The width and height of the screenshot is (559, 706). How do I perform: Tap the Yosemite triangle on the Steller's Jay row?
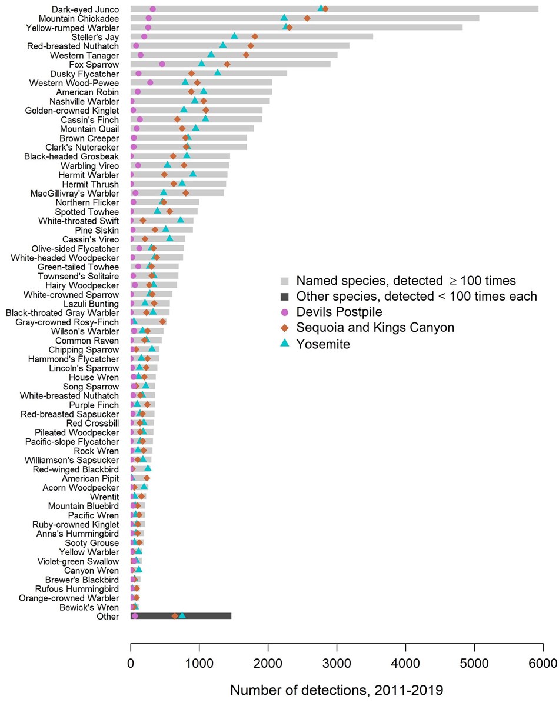pyautogui.click(x=234, y=36)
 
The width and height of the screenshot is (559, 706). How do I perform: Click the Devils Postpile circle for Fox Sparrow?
pyautogui.click(x=162, y=64)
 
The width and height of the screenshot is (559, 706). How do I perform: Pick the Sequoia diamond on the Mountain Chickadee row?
pyautogui.click(x=307, y=18)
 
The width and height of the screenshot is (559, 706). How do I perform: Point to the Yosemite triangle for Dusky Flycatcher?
pyautogui.click(x=218, y=73)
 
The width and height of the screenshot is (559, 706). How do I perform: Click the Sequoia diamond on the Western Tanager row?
pyautogui.click(x=246, y=55)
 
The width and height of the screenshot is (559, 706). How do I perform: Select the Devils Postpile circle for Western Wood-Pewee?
pyautogui.click(x=150, y=82)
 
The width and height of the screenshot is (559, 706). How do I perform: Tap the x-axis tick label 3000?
pyautogui.click(x=337, y=664)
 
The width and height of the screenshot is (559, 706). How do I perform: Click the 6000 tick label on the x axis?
pyautogui.click(x=543, y=664)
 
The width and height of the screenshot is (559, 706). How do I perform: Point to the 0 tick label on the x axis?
pyautogui.click(x=131, y=664)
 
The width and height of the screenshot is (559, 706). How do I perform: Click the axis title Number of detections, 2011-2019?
pyautogui.click(x=337, y=689)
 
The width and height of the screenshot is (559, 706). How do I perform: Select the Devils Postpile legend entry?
pyautogui.click(x=339, y=312)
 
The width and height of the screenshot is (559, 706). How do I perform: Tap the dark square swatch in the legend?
pyautogui.click(x=284, y=296)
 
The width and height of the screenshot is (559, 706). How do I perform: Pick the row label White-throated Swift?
pyautogui.click(x=78, y=221)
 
